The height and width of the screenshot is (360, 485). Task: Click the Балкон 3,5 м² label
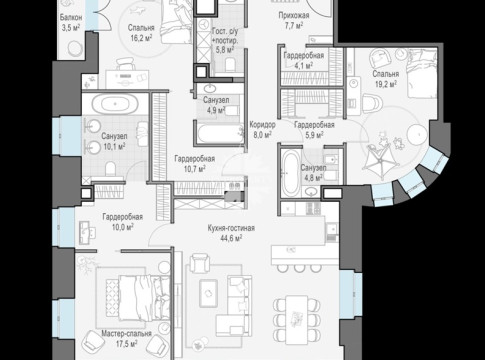71,22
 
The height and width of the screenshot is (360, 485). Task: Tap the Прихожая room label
294,15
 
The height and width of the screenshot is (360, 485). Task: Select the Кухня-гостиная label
231,228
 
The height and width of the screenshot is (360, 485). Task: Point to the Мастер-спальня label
126,333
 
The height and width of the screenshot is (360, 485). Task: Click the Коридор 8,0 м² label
262,129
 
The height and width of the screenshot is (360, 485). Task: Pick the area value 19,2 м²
386,84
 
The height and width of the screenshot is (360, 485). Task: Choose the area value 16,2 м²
141,37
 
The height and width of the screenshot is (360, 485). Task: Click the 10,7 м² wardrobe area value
194,169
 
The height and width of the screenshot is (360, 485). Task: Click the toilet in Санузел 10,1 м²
110,169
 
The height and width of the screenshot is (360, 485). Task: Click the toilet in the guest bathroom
230,64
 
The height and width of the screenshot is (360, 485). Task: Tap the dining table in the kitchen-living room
296,320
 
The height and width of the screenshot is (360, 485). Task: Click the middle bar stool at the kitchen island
299,268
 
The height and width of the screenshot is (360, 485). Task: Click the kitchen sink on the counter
332,228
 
